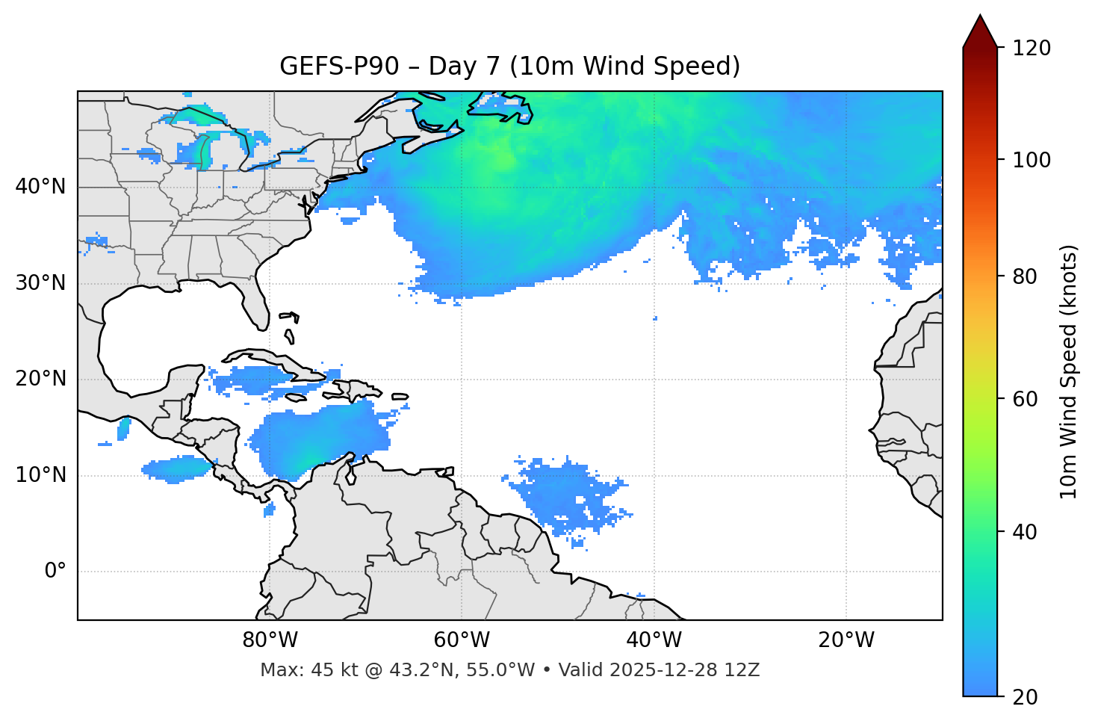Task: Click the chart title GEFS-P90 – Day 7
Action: coord(509,66)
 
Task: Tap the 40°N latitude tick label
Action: coord(40,187)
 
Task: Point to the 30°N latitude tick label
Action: coord(40,283)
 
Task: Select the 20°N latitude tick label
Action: coord(40,379)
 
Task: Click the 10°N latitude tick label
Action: coord(40,475)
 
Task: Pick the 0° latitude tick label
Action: coord(55,572)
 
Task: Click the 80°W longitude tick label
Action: coord(270,640)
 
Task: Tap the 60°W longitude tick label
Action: coord(462,640)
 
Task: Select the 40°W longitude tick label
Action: coord(654,640)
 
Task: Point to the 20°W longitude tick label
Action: coord(846,640)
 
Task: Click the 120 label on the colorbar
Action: coord(1031,49)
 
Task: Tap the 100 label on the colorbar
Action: coord(1031,160)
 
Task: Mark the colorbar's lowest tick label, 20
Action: coord(1023,697)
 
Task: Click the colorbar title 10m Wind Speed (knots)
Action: coord(1070,372)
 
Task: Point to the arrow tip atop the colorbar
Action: coord(980,16)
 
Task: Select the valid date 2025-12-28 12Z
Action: coord(684,670)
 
